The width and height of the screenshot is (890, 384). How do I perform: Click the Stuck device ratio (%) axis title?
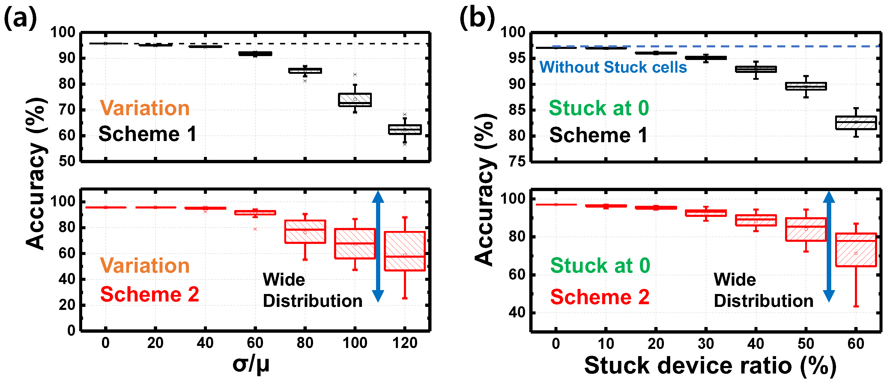(710, 366)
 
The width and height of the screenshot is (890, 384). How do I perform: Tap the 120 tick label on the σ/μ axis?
(405, 343)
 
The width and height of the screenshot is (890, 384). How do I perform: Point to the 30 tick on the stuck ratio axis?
(706, 344)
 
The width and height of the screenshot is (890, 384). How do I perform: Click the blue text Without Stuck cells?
(613, 67)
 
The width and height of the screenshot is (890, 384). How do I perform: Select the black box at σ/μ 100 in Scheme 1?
(355, 100)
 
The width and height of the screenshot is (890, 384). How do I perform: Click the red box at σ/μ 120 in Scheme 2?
(405, 251)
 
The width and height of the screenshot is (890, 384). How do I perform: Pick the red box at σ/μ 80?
(305, 232)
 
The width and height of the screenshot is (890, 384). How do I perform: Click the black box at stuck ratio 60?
(856, 123)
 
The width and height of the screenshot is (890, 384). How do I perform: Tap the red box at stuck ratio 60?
(856, 250)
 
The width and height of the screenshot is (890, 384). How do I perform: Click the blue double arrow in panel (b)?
(829, 246)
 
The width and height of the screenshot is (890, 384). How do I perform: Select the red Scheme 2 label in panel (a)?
(149, 295)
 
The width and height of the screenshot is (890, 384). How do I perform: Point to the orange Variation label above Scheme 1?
(145, 108)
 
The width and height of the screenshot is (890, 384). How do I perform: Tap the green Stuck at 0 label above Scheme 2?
(600, 265)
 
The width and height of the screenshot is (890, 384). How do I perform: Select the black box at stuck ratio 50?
(806, 86)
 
